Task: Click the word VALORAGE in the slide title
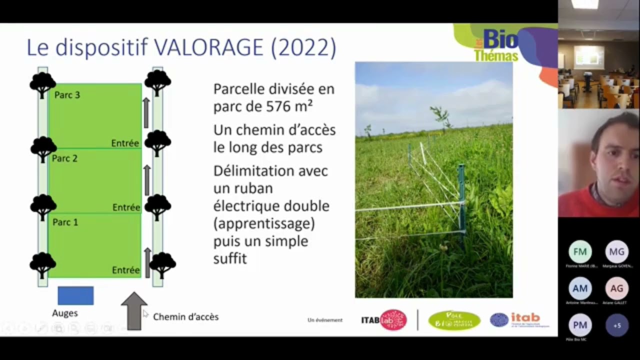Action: pos(208,47)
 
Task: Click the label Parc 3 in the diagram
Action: pos(67,95)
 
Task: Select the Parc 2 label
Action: pos(65,158)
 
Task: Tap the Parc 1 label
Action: pos(65,222)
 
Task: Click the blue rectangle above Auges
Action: pos(75,295)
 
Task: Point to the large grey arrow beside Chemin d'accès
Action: pos(134,311)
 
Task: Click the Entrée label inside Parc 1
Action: pos(125,270)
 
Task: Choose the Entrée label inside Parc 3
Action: pos(125,143)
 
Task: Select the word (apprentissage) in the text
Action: pos(264,223)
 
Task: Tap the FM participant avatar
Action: pos(580,252)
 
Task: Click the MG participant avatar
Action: pos(616,252)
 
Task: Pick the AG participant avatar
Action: pos(616,288)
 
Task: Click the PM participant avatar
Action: pos(580,325)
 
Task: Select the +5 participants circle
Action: pos(616,325)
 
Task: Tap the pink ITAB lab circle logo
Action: pos(393,320)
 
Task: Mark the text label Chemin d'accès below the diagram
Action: pos(185,317)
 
